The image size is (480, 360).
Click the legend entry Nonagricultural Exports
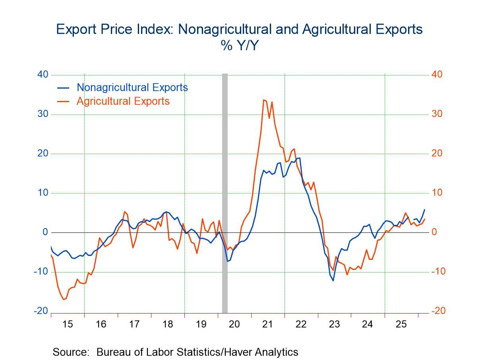tap(132, 87)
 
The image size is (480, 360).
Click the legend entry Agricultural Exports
tap(123, 101)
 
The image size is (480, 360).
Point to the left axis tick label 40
tap(43, 75)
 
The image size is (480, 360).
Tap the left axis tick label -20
tap(41, 311)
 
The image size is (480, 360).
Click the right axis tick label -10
tap(439, 271)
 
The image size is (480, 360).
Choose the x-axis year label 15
tap(68, 324)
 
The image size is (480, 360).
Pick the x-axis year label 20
tap(234, 324)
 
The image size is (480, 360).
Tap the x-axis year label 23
tap(335, 324)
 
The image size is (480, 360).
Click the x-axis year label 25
tap(401, 324)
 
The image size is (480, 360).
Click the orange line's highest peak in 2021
tap(264, 100)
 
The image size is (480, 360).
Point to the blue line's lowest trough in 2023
tap(333, 281)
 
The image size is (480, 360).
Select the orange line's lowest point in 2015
tap(64, 299)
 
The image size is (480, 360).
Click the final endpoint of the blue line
tap(424, 209)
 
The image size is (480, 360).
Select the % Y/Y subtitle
tap(240, 46)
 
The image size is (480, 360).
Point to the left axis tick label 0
tap(45, 232)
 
